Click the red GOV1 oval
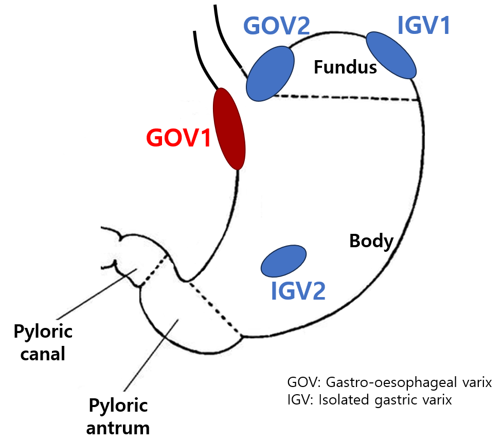[229, 129]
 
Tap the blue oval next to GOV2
[270, 72]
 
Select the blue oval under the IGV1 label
[391, 55]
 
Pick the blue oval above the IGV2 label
[284, 261]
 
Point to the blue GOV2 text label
[276, 26]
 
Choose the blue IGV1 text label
[423, 26]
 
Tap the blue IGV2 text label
[298, 291]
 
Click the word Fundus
[346, 67]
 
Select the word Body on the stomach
[371, 241]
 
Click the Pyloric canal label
[43, 342]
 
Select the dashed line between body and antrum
[215, 308]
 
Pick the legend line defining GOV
[389, 383]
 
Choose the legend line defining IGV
[369, 400]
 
